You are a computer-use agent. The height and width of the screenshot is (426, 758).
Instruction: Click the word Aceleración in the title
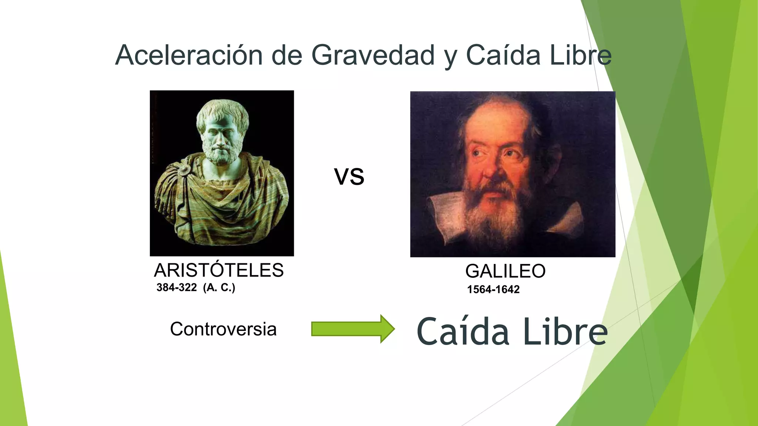(189, 55)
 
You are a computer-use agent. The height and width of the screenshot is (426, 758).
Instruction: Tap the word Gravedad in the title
(373, 55)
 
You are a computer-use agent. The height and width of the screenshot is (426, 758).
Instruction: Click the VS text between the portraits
(349, 176)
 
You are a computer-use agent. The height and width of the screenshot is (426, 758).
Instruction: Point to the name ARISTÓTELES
(219, 270)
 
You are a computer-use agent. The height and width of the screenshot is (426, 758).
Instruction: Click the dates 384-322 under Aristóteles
(177, 287)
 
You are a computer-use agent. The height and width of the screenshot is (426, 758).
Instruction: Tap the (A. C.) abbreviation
(219, 287)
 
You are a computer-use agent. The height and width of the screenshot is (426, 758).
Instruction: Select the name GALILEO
(505, 271)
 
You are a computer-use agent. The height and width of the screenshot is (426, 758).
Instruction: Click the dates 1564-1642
(493, 289)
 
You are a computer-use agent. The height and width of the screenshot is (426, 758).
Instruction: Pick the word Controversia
(223, 329)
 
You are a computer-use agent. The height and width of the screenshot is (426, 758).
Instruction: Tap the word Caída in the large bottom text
(463, 332)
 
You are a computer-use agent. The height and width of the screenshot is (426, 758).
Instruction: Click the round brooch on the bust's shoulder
(184, 169)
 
